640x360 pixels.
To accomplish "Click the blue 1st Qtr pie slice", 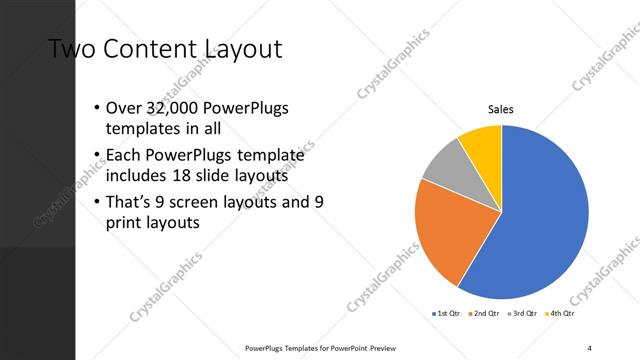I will coord(545,215).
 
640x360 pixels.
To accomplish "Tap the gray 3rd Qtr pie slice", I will coord(442,164).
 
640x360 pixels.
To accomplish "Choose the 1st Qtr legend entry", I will coord(445,314).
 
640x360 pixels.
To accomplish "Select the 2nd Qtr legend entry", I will coord(486,314).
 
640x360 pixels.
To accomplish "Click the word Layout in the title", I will coord(240,48).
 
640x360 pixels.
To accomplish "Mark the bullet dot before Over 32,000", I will coord(96,108).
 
